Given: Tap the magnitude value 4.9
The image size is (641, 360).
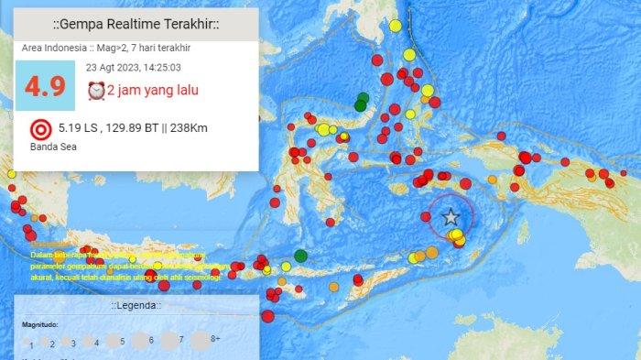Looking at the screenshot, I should [45, 87].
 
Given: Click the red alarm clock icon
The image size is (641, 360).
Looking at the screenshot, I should [95, 90].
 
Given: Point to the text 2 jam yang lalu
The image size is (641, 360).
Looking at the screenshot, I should [153, 90].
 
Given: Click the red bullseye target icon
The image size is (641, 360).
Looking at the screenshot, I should [39, 128].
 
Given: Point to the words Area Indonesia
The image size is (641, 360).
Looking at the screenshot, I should [50, 48].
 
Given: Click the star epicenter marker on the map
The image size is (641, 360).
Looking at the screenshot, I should [451, 217].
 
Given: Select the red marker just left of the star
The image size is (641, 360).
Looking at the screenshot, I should [427, 216].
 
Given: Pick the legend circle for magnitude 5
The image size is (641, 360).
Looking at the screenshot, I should [115, 342].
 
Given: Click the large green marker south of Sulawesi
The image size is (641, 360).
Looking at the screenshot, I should [300, 256].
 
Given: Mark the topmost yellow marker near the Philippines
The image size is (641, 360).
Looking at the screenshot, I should [395, 26].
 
